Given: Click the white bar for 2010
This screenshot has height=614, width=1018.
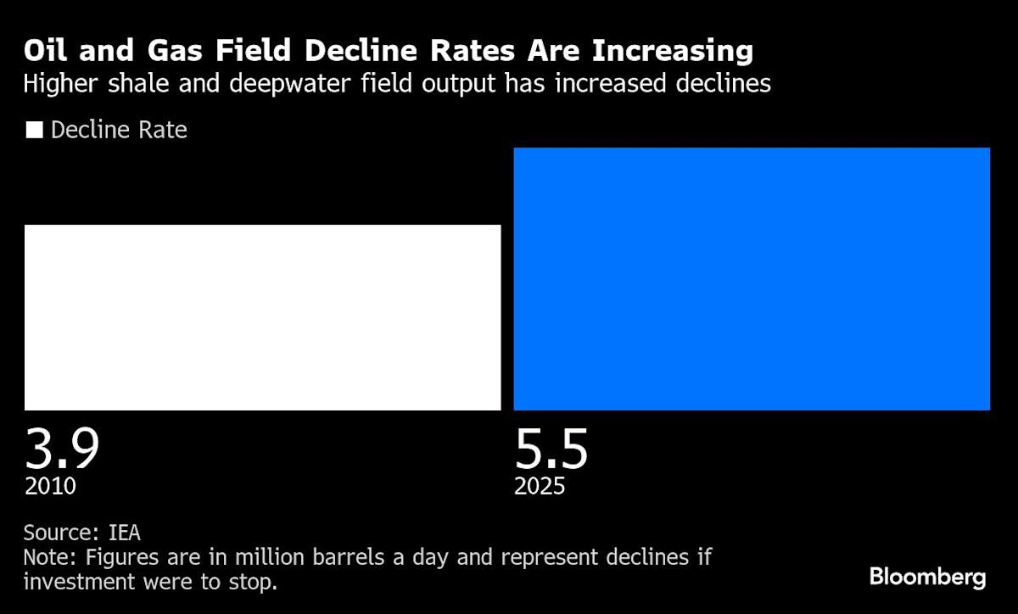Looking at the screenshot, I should click(x=262, y=317).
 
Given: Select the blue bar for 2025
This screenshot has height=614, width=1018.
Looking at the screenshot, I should click(x=752, y=279).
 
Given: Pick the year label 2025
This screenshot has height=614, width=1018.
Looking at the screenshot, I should click(x=540, y=487).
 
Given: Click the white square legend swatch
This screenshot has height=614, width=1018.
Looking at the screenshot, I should click(x=35, y=131).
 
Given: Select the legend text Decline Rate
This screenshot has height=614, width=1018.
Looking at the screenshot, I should click(x=119, y=131).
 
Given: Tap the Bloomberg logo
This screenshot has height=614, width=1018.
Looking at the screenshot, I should click(x=927, y=578).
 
